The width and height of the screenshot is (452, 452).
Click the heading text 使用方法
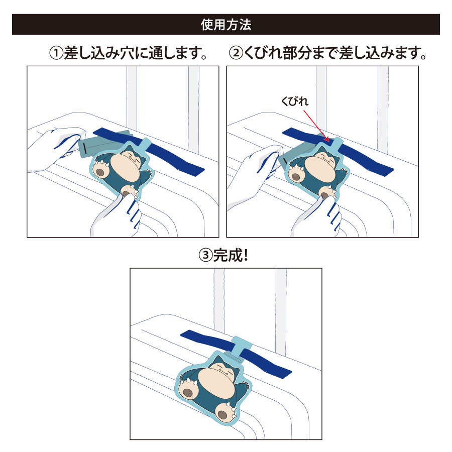(226, 25)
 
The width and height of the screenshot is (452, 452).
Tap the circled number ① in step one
(56, 53)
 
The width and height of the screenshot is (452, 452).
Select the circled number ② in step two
(236, 53)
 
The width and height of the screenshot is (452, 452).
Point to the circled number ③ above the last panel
(205, 256)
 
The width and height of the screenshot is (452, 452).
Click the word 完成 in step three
(227, 256)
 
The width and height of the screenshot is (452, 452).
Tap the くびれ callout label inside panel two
(295, 101)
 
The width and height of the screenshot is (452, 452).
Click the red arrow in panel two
(316, 126)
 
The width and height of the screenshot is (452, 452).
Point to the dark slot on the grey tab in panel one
(84, 148)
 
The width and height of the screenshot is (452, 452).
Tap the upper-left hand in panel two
(254, 173)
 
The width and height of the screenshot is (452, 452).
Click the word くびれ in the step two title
(263, 53)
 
